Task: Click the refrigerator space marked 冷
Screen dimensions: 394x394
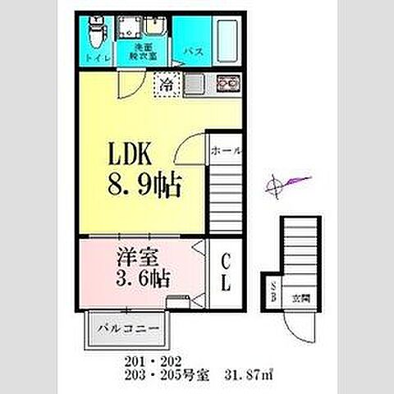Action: click(x=167, y=82)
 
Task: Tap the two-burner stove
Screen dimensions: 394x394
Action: click(x=226, y=82)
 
